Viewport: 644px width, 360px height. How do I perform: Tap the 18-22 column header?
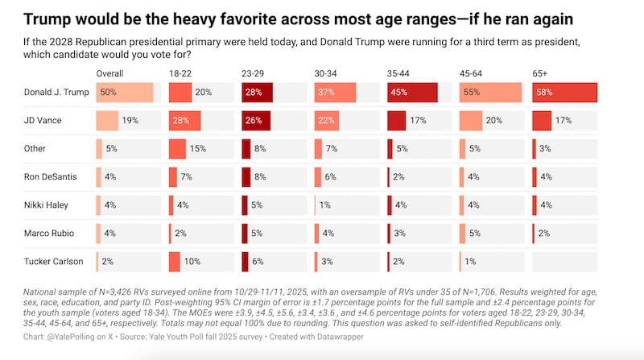[179, 73]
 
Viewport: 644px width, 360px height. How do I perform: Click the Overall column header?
[110, 73]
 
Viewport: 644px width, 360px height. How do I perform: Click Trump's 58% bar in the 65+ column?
[564, 93]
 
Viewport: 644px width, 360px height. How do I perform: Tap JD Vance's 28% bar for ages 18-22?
[184, 121]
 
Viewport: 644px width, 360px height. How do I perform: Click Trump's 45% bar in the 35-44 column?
[412, 93]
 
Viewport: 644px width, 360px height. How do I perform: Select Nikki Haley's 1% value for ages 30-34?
[325, 205]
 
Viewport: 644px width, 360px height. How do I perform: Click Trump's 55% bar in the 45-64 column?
[489, 93]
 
